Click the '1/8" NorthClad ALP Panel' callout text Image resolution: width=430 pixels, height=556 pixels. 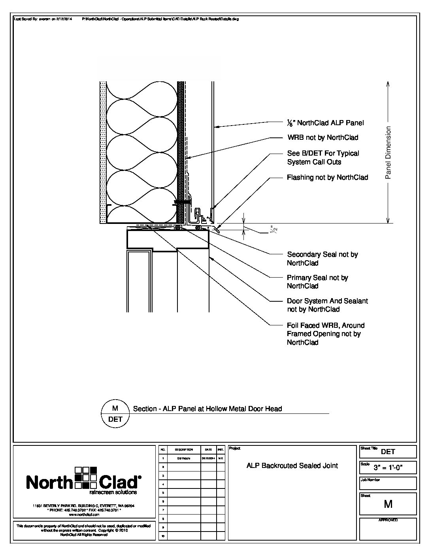325,123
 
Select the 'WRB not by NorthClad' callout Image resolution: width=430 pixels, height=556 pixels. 322,137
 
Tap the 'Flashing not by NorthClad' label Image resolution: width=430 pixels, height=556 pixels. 327,177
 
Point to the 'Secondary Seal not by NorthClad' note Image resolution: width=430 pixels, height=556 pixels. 322,259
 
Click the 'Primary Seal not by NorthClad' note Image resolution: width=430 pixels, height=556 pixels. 317,282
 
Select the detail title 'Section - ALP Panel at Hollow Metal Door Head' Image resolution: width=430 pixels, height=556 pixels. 207,409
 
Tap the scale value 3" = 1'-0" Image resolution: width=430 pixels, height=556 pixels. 388,468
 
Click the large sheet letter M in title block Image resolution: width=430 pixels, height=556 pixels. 388,504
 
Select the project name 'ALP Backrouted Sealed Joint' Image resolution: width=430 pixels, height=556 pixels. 292,466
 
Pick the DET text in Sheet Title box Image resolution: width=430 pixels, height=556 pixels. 388,452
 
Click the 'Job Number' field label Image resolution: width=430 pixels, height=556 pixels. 370,480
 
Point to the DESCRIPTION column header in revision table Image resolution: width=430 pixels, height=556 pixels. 184,449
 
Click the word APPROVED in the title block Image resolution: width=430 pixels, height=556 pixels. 388,520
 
